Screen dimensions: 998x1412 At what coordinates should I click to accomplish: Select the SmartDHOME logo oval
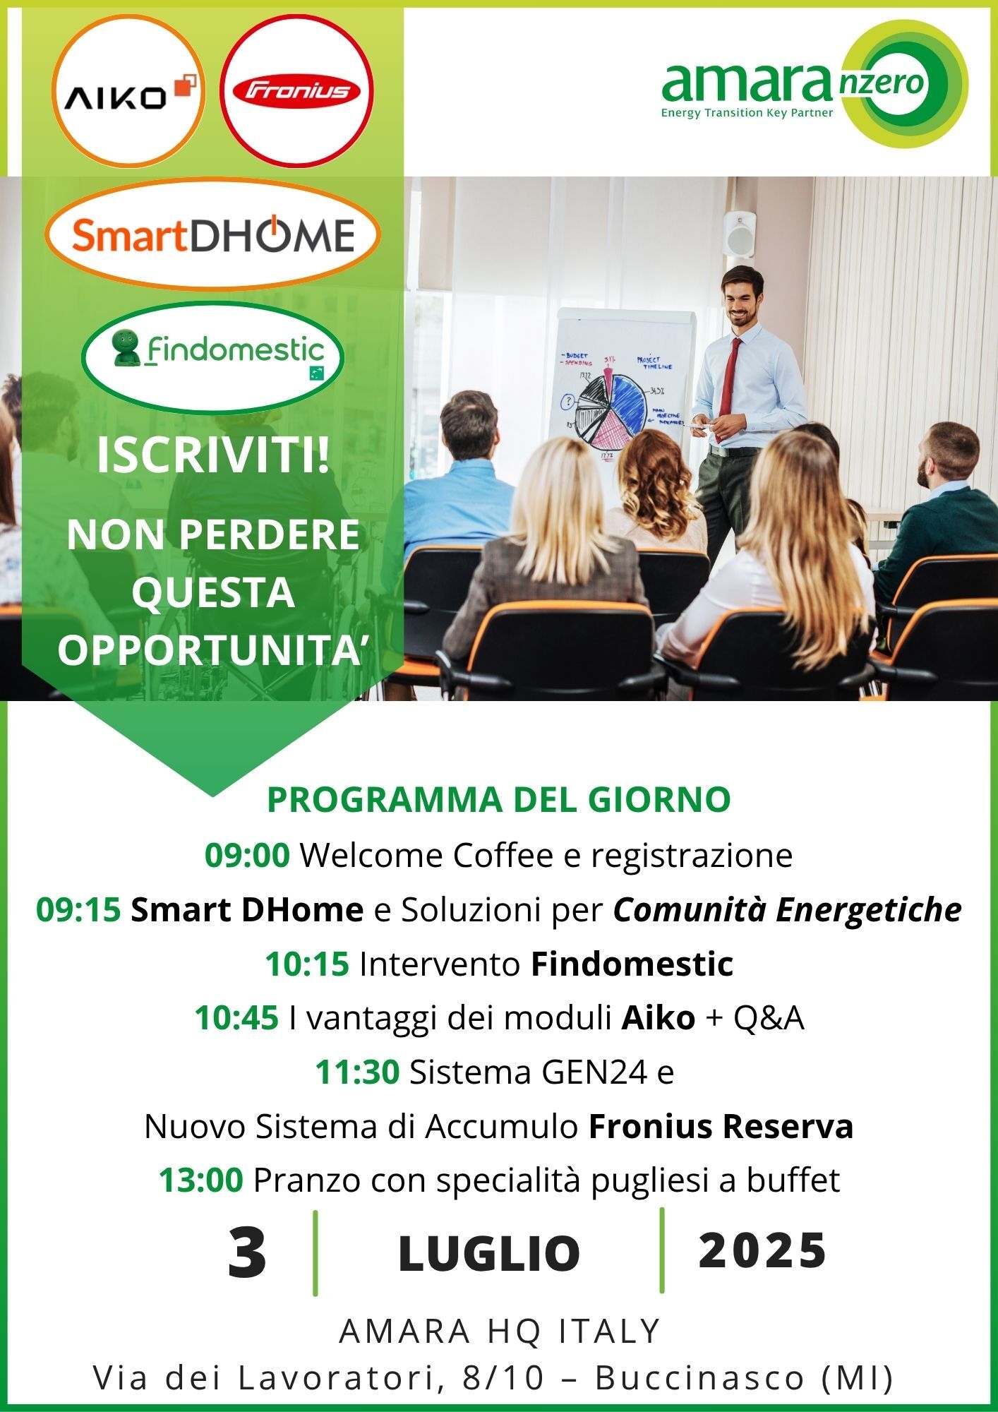coord(212,234)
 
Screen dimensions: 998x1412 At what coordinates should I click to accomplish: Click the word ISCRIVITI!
coord(212,455)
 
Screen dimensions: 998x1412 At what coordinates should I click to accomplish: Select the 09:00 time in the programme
coord(247,855)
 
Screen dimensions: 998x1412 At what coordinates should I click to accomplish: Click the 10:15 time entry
coord(307,964)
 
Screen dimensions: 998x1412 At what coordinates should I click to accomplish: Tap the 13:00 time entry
coord(201,1180)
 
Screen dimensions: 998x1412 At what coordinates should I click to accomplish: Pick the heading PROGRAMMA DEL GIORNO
coord(499,799)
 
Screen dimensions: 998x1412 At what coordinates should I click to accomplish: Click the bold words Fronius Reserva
coord(721,1126)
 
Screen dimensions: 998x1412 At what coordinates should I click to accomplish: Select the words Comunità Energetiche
coord(787,911)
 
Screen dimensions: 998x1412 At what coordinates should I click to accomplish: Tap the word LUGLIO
coord(489,1254)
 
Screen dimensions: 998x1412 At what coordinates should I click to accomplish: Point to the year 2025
coord(762,1250)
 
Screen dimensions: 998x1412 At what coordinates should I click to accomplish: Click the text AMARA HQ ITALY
coord(500,1331)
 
